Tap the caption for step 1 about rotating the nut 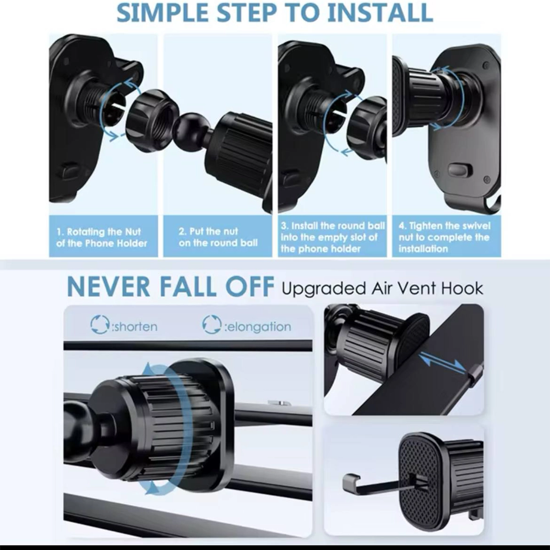point(102,237)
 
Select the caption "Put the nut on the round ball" point(218,237)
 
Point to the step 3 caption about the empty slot point(333,237)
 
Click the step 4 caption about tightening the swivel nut point(444,237)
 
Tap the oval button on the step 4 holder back point(460,170)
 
